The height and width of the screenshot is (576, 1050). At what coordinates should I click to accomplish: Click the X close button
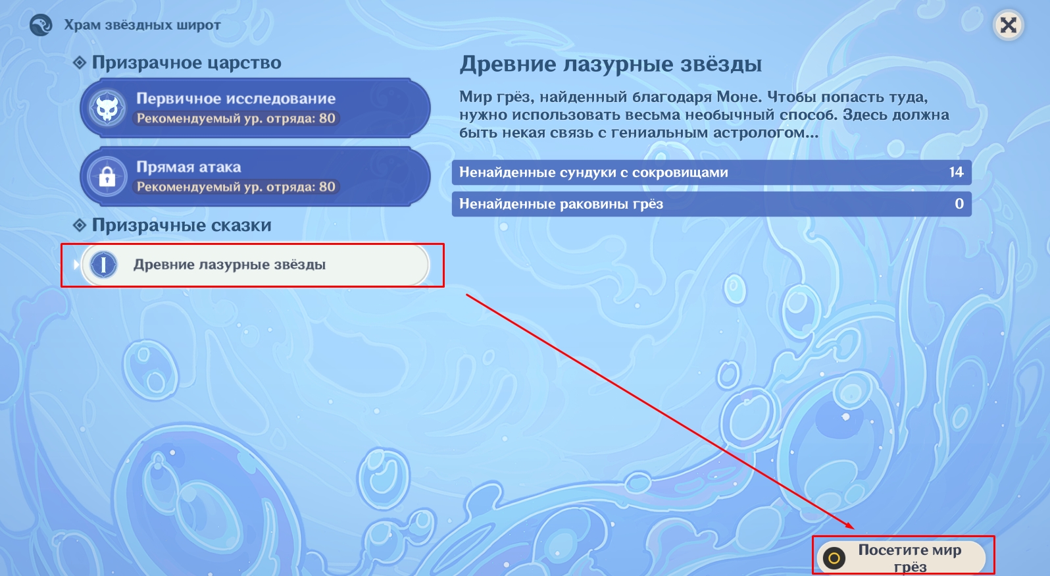point(1009,25)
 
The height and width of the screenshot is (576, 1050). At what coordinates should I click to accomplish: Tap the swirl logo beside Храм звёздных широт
point(41,25)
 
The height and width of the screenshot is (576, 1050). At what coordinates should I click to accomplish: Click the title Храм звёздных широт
point(142,25)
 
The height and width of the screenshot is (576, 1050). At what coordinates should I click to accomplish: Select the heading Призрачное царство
point(187,63)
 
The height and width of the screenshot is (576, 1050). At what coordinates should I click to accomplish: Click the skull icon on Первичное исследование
point(107,109)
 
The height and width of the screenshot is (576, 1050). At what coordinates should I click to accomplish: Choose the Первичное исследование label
point(236,98)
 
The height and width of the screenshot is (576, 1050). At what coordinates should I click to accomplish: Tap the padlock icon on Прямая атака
point(107,177)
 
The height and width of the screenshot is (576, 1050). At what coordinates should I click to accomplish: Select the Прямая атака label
point(188,167)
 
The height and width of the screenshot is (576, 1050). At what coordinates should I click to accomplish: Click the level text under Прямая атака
point(236,187)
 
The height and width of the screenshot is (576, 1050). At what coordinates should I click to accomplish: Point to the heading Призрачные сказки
point(182,225)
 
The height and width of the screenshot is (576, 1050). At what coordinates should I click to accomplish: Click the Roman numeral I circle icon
point(103,265)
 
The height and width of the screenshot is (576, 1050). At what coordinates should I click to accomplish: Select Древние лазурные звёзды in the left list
point(229,265)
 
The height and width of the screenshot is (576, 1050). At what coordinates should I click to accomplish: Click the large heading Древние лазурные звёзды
point(611,64)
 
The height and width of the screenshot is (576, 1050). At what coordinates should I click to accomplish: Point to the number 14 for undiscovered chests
point(957,172)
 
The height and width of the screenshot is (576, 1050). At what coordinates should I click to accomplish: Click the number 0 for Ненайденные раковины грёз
point(959,203)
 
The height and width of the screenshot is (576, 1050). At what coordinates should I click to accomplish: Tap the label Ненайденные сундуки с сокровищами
point(593,172)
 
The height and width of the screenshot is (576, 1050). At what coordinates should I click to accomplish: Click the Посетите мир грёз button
point(901,557)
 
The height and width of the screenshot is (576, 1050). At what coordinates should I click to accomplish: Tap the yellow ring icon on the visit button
point(834,558)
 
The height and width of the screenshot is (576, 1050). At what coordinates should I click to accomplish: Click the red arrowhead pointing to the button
point(849,525)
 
